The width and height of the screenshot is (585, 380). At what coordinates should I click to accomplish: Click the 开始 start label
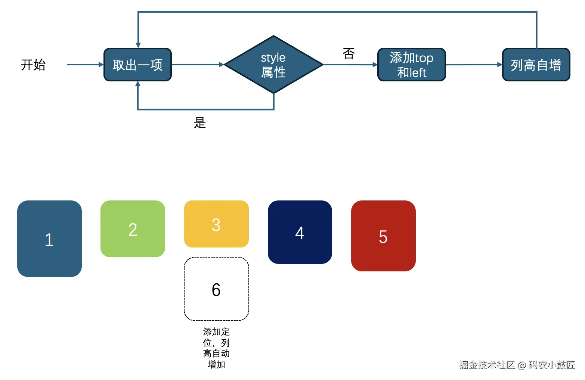(33, 65)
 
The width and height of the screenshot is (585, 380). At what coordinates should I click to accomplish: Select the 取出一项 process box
(137, 65)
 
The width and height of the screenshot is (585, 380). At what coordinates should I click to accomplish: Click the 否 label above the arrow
(349, 54)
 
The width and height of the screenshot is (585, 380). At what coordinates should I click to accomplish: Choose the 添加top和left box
(411, 65)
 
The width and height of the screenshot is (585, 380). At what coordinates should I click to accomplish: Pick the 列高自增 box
(536, 65)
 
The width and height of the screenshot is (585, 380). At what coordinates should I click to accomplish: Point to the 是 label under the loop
(200, 122)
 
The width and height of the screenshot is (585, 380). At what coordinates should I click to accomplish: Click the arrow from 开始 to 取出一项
(84, 65)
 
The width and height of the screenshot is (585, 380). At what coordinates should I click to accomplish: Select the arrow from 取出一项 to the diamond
(197, 65)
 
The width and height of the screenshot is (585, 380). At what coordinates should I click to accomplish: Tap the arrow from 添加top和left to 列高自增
(474, 65)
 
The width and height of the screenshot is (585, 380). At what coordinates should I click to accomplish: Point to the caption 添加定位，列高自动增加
(216, 348)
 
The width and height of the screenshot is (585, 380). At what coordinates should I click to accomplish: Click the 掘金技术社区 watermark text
(486, 365)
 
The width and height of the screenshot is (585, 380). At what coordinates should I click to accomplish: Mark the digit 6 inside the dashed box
(216, 290)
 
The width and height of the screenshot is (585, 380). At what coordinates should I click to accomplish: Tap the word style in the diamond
(273, 58)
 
